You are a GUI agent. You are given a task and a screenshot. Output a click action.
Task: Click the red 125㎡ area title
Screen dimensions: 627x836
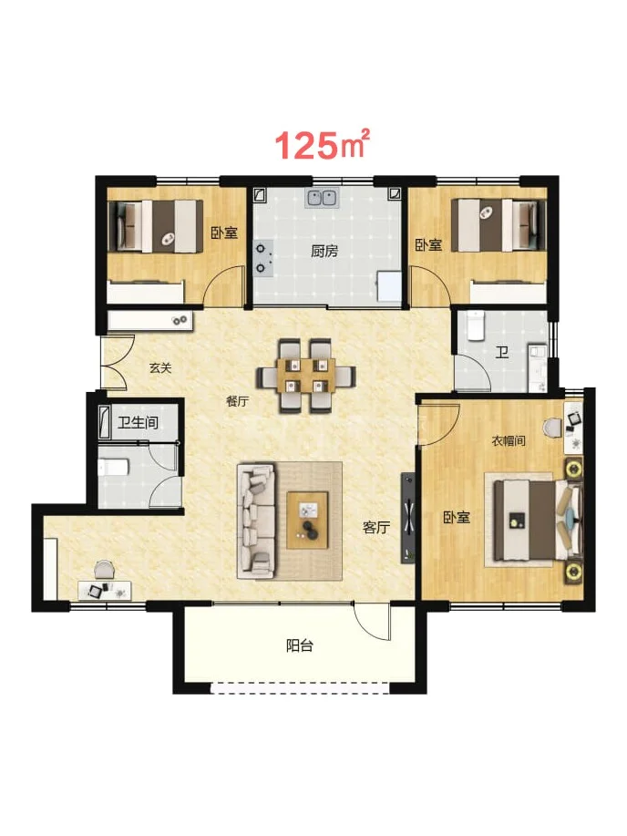pyautogui.click(x=322, y=144)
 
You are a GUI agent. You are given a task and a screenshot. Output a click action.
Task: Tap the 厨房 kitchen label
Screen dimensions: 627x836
pyautogui.click(x=324, y=251)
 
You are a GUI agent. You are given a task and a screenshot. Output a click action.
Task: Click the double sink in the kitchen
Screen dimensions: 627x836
pyautogui.click(x=322, y=198)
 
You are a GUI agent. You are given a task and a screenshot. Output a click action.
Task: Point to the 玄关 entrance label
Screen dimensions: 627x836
pyautogui.click(x=160, y=368)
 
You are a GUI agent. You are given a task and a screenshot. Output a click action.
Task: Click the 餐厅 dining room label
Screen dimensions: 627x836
pyautogui.click(x=237, y=401)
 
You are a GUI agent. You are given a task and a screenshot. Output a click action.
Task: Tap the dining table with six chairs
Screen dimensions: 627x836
pyautogui.click(x=306, y=376)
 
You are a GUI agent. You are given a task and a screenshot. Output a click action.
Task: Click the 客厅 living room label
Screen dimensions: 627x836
pyautogui.click(x=376, y=527)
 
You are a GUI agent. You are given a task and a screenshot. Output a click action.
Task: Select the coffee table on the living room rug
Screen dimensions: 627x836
pyautogui.click(x=307, y=520)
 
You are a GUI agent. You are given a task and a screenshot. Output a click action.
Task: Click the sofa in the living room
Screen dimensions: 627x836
pyautogui.click(x=256, y=521)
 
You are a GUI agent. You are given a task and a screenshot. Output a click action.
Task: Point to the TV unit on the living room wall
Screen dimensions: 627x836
pyautogui.click(x=408, y=517)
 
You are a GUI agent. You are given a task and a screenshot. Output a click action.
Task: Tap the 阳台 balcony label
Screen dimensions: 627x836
pyautogui.click(x=300, y=646)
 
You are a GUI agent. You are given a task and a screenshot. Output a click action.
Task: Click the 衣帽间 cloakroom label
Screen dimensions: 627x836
pyautogui.click(x=509, y=441)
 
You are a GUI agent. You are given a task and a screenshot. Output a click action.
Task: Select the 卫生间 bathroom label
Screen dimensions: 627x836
pyautogui.click(x=139, y=423)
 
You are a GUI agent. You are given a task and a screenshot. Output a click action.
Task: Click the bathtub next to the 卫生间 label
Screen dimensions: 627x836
pyautogui.click(x=105, y=422)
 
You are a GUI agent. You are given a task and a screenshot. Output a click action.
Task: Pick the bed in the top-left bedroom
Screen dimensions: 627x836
pyautogui.click(x=156, y=226)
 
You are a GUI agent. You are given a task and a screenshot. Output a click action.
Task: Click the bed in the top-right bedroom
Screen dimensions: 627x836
pyautogui.click(x=499, y=225)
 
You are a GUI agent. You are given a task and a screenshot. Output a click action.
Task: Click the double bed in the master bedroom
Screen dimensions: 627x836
pyautogui.click(x=538, y=520)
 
